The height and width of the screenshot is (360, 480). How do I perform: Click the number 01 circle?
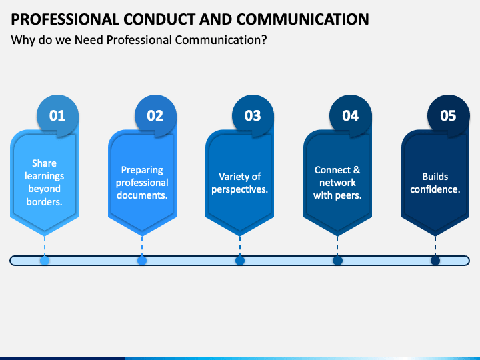pyautogui.click(x=57, y=116)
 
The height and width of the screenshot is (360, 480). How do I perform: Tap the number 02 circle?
pyautogui.click(x=155, y=116)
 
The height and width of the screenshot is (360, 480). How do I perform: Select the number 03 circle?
pyautogui.click(x=253, y=116)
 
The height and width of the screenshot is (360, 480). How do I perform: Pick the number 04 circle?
pyautogui.click(x=351, y=116)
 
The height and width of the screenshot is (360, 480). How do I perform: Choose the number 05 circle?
pyautogui.click(x=448, y=116)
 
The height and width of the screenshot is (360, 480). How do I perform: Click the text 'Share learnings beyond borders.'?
pyautogui.click(x=44, y=183)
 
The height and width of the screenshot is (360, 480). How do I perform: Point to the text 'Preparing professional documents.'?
pyautogui.click(x=142, y=183)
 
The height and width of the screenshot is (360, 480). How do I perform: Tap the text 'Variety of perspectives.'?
pyautogui.click(x=239, y=183)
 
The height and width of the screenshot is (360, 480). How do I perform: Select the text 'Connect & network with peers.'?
pyautogui.click(x=337, y=183)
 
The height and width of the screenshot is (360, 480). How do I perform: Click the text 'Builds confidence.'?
pyautogui.click(x=435, y=183)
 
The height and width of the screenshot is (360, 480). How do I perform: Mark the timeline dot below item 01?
pyautogui.click(x=45, y=261)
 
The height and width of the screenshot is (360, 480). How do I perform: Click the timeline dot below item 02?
pyautogui.click(x=142, y=261)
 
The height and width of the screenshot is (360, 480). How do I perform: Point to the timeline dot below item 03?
pyautogui.click(x=240, y=261)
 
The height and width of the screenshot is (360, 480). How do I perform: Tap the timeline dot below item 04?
pyautogui.click(x=337, y=261)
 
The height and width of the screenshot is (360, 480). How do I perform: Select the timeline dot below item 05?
pyautogui.click(x=435, y=261)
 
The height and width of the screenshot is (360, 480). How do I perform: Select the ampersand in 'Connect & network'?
pyautogui.click(x=357, y=170)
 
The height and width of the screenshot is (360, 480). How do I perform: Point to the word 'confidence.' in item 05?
pyautogui.click(x=435, y=189)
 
